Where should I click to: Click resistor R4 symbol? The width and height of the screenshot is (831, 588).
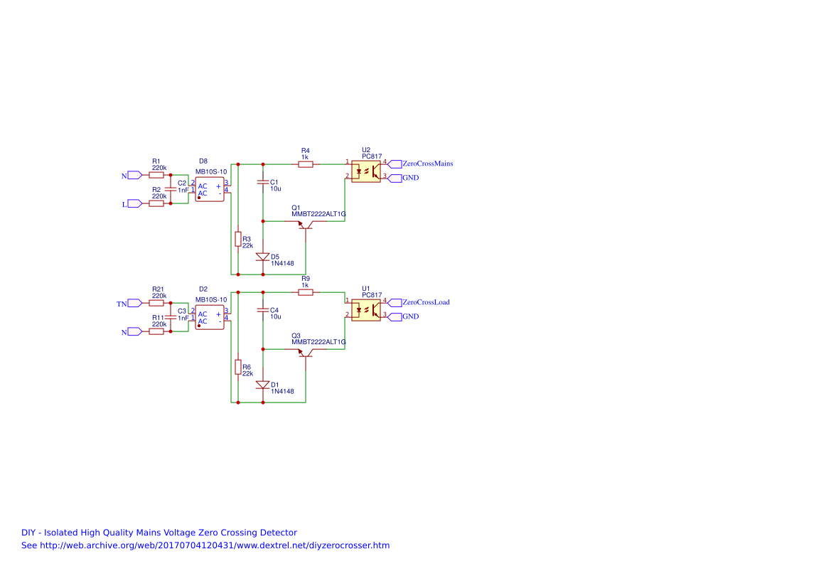(306, 164)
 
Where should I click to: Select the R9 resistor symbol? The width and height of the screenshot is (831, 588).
(306, 292)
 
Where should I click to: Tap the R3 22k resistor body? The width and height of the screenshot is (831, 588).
(238, 239)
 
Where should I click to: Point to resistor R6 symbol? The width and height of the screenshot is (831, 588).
(238, 367)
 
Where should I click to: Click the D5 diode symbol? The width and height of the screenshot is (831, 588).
(263, 257)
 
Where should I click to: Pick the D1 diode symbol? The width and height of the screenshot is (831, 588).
(263, 385)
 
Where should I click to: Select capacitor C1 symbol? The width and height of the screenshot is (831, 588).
(263, 183)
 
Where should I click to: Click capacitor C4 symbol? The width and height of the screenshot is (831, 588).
(263, 311)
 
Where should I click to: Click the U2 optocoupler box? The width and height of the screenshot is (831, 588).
(365, 171)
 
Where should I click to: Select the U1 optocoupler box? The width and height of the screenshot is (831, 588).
(365, 310)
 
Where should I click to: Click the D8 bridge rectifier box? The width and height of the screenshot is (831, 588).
(210, 189)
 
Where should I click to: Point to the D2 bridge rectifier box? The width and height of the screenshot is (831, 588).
(210, 317)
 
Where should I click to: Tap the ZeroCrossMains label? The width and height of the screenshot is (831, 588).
(427, 164)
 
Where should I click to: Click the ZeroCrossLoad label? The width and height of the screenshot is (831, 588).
(425, 302)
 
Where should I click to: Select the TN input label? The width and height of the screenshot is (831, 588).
(122, 304)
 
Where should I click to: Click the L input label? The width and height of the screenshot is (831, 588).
(125, 204)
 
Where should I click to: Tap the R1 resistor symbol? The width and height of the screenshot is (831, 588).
(156, 174)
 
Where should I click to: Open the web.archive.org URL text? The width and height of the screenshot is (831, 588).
(205, 545)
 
